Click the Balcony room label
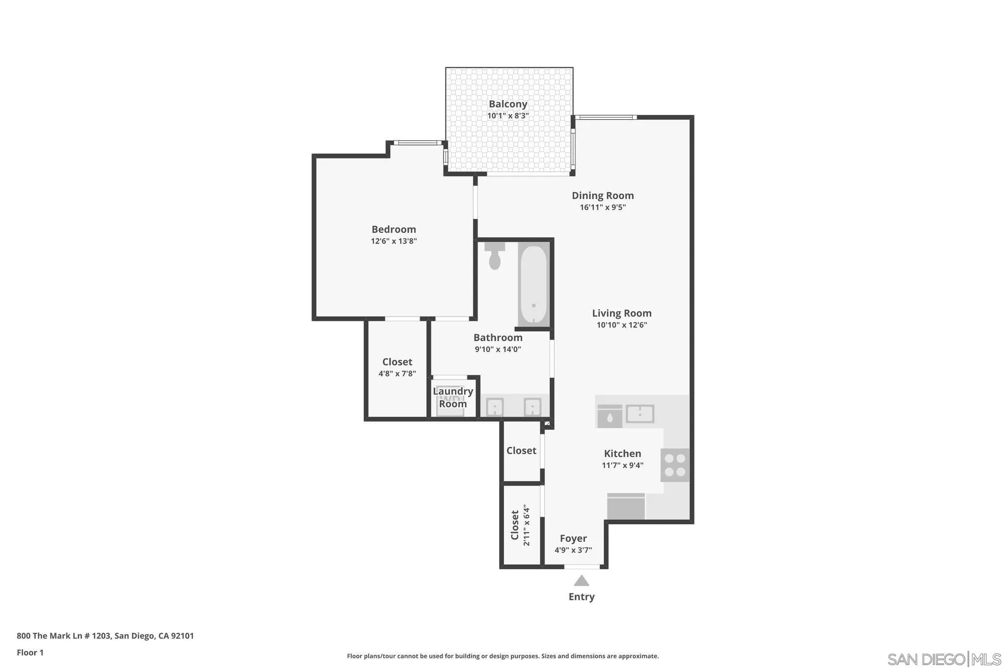508,104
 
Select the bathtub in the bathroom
533,285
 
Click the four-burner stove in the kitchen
675,465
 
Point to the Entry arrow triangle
582,581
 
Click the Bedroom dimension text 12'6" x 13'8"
393,241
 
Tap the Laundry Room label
453,398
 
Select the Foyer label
573,538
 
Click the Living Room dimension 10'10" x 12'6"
621,325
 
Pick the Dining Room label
603,195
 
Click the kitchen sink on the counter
640,414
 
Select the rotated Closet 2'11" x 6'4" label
520,525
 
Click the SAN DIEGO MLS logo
944,659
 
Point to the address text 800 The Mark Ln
105,636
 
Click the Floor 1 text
30,652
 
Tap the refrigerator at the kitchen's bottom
626,506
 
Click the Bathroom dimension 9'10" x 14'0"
498,349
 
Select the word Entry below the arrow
582,597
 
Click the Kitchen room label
622,454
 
